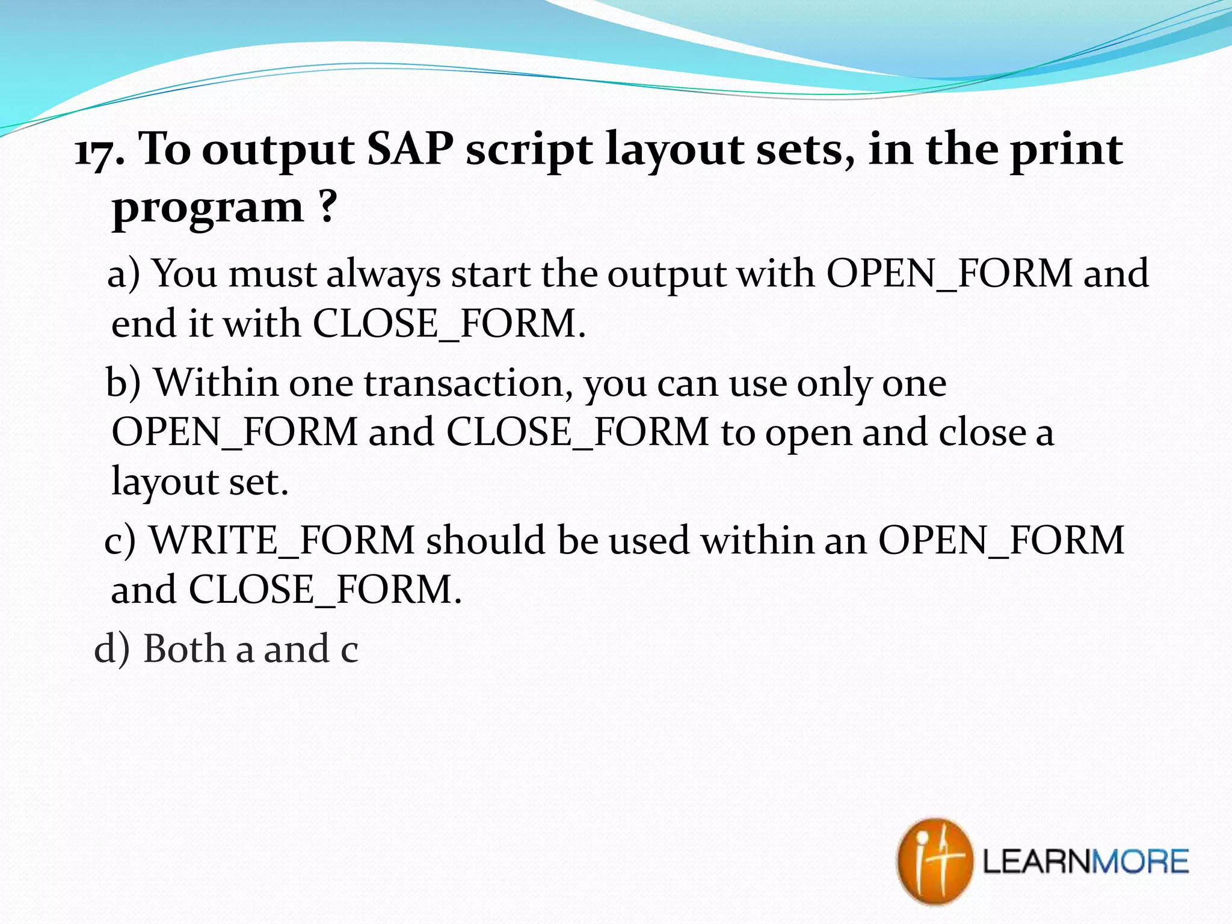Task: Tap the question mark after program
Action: pos(326,206)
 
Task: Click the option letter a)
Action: pos(124,274)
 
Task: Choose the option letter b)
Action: pos(123,383)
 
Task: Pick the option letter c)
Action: pos(120,540)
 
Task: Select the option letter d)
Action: pos(112,648)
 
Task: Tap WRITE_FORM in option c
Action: pos(282,540)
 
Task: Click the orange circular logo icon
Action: pos(934,861)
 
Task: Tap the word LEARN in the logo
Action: pos(1036,861)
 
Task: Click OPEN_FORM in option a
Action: pos(950,274)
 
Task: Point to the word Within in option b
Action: pos(217,383)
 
